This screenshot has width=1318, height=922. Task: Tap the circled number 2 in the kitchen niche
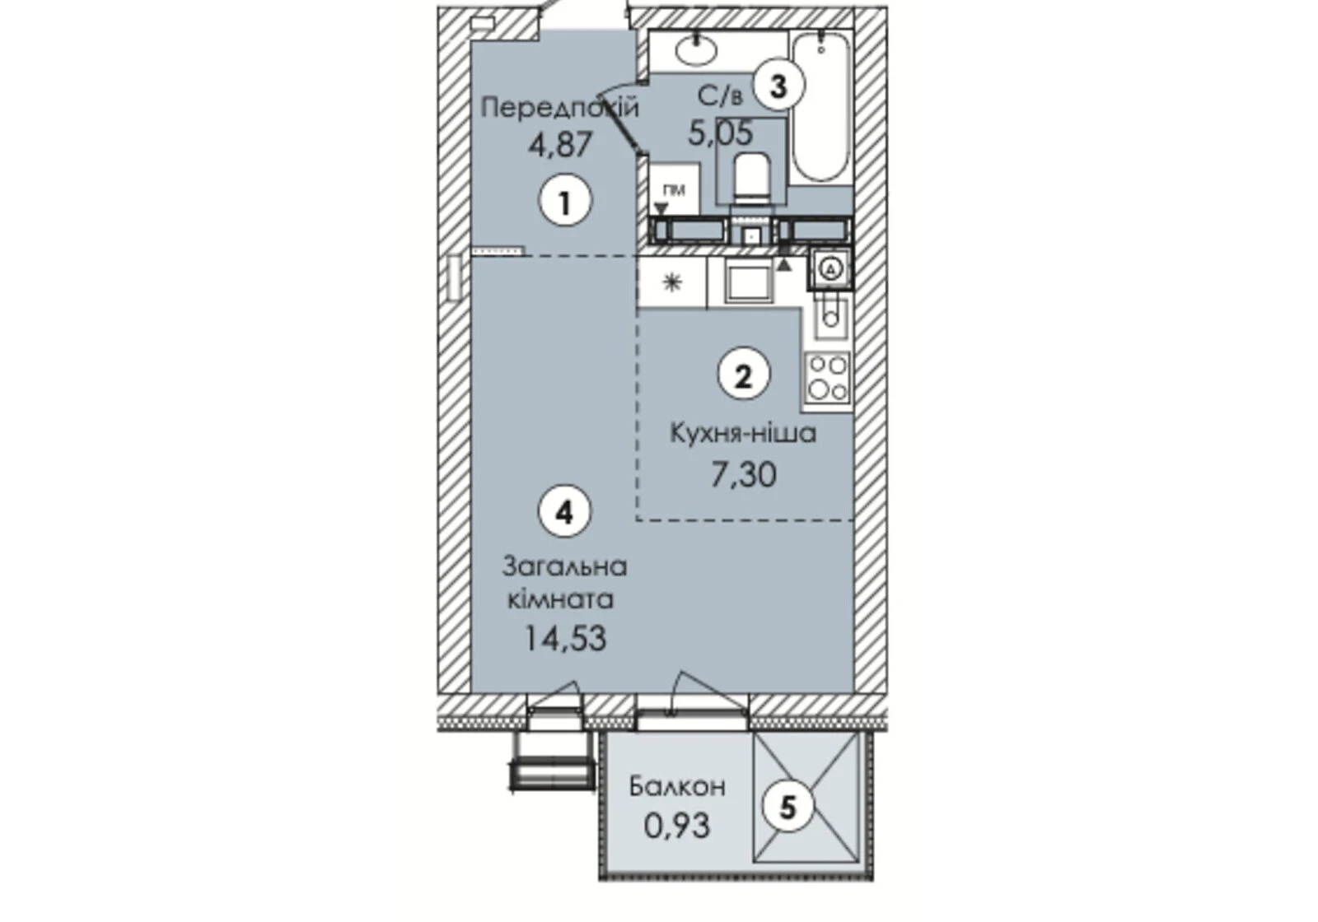tap(744, 376)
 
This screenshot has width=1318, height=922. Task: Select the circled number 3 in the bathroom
tap(778, 87)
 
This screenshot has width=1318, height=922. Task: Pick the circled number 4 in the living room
tap(564, 513)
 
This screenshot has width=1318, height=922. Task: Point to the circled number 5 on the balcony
tap(788, 807)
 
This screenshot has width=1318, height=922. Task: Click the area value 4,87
tap(560, 145)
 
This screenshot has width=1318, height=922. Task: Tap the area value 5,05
tap(720, 133)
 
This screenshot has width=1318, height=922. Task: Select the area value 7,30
tap(743, 474)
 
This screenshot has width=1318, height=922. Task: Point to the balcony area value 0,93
tap(677, 827)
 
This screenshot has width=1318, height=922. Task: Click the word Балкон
tap(677, 787)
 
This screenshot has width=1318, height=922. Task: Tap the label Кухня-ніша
tap(743, 433)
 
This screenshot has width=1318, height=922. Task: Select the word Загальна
tap(564, 567)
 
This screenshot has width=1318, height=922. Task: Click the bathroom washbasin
tap(697, 50)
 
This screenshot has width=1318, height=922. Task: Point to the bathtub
tap(821, 107)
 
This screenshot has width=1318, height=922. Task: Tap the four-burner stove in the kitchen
tap(828, 378)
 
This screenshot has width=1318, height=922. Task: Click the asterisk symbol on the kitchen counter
tap(672, 283)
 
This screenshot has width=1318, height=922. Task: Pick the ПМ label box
tap(675, 189)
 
